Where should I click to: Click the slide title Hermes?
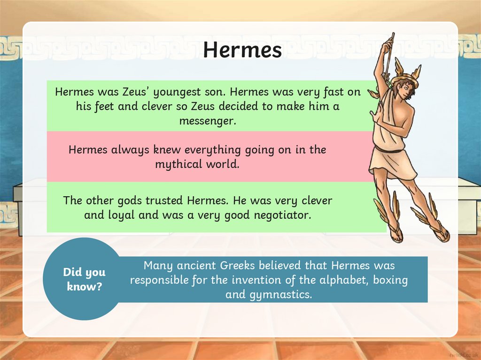coord(242,50)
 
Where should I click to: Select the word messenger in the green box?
coord(207,121)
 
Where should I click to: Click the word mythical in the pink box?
coord(176,165)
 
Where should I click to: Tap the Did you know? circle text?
coord(85,279)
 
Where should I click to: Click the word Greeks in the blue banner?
coord(231,266)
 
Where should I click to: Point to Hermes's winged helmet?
coord(405,74)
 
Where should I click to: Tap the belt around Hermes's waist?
coord(388,150)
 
